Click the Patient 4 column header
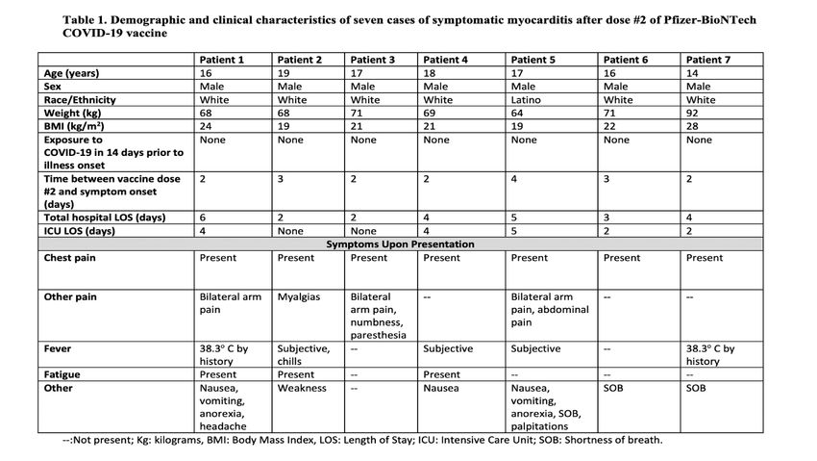tap(445, 60)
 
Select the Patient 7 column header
tap(709, 60)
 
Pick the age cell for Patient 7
tap(692, 73)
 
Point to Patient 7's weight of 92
tap(692, 114)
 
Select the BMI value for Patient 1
tap(205, 127)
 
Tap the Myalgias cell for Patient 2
tap(298, 297)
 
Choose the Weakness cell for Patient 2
tap(302, 388)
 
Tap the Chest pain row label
tap(70, 258)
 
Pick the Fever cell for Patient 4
tap(447, 348)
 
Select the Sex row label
tap(54, 86)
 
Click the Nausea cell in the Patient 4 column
tap(442, 388)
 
